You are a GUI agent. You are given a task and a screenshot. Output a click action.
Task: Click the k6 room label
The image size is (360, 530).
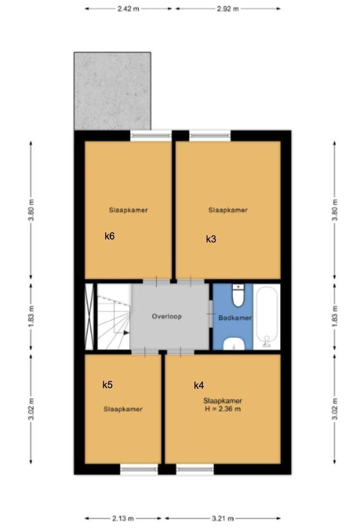click(x=109, y=236)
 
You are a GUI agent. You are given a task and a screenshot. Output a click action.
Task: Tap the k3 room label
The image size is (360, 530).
click(x=211, y=239)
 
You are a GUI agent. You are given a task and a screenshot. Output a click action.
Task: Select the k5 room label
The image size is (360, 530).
click(x=108, y=385)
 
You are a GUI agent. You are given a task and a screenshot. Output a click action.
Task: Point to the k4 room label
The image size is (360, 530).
click(x=199, y=385)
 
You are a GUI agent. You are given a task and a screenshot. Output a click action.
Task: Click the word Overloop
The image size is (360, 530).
click(x=167, y=317)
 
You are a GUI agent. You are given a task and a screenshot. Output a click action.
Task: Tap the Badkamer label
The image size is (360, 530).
click(x=235, y=318)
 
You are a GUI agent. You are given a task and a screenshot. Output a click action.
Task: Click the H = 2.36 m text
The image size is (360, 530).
click(x=222, y=409)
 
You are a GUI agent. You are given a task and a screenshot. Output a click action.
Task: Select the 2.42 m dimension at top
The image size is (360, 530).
click(x=129, y=9)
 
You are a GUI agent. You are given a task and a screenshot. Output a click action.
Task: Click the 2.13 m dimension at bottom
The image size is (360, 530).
click(x=124, y=518)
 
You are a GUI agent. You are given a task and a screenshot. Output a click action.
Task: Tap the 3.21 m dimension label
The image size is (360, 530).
click(x=223, y=518)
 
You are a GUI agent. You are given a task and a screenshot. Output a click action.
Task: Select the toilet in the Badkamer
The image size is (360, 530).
click(x=238, y=295)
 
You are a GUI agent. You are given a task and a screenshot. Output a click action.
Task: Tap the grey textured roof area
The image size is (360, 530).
click(x=112, y=91)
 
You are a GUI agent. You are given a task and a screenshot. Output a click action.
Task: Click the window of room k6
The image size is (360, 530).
click(x=151, y=136)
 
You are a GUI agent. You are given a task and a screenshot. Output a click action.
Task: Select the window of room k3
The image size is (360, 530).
click(x=210, y=136)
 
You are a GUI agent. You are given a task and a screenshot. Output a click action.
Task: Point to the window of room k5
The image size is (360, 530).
click(x=139, y=469)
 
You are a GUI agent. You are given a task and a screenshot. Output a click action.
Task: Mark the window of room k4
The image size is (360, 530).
click(x=195, y=469)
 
